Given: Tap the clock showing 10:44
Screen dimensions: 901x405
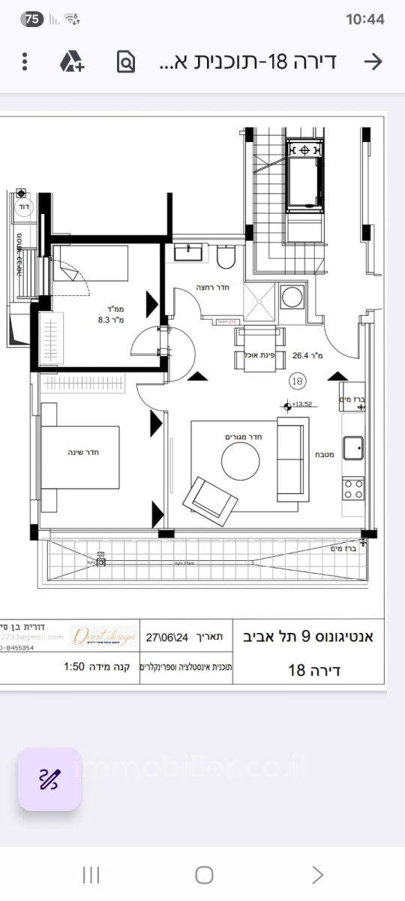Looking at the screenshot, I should (x=366, y=20).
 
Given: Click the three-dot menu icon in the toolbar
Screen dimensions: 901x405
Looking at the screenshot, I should (x=25, y=62).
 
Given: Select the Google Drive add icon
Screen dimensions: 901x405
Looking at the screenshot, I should (x=72, y=62).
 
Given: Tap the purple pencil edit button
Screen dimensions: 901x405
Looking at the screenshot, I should (x=49, y=779).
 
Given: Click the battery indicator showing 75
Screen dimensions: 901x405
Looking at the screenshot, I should (x=32, y=20).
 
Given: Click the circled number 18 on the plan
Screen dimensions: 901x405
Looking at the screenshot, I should (x=298, y=381).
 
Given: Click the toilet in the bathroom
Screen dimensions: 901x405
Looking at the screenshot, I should (x=226, y=258).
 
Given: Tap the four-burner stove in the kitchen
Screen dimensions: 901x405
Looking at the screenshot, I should (x=353, y=489).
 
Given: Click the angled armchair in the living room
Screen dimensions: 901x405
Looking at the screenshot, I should (x=209, y=497).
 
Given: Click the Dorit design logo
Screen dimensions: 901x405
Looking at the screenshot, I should (x=103, y=637).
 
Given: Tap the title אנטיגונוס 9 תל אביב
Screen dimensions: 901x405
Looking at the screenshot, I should (x=310, y=637).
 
